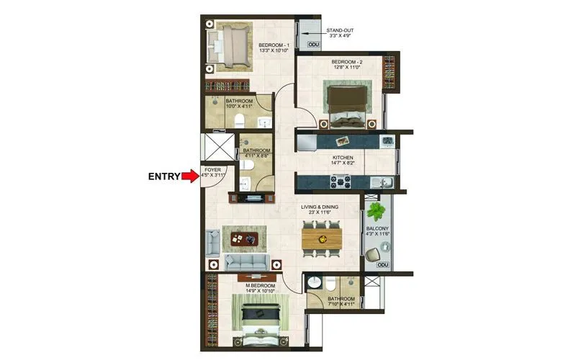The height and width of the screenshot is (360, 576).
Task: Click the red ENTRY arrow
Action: (x=191, y=176)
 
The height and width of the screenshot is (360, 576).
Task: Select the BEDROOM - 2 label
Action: (x=347, y=63)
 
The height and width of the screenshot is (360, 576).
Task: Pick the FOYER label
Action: (x=213, y=170)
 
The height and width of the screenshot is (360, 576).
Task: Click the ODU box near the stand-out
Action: (x=313, y=45)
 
